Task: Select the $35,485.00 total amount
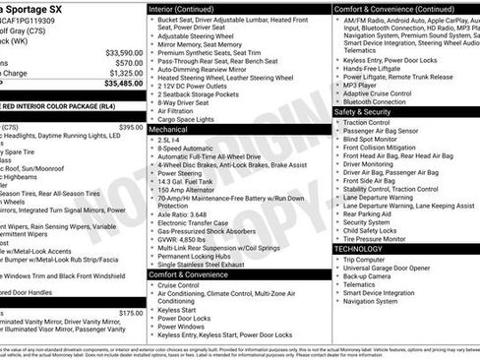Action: (x=122, y=85)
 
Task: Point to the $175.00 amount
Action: (x=130, y=313)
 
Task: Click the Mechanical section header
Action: (x=168, y=129)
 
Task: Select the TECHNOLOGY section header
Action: (x=360, y=249)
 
